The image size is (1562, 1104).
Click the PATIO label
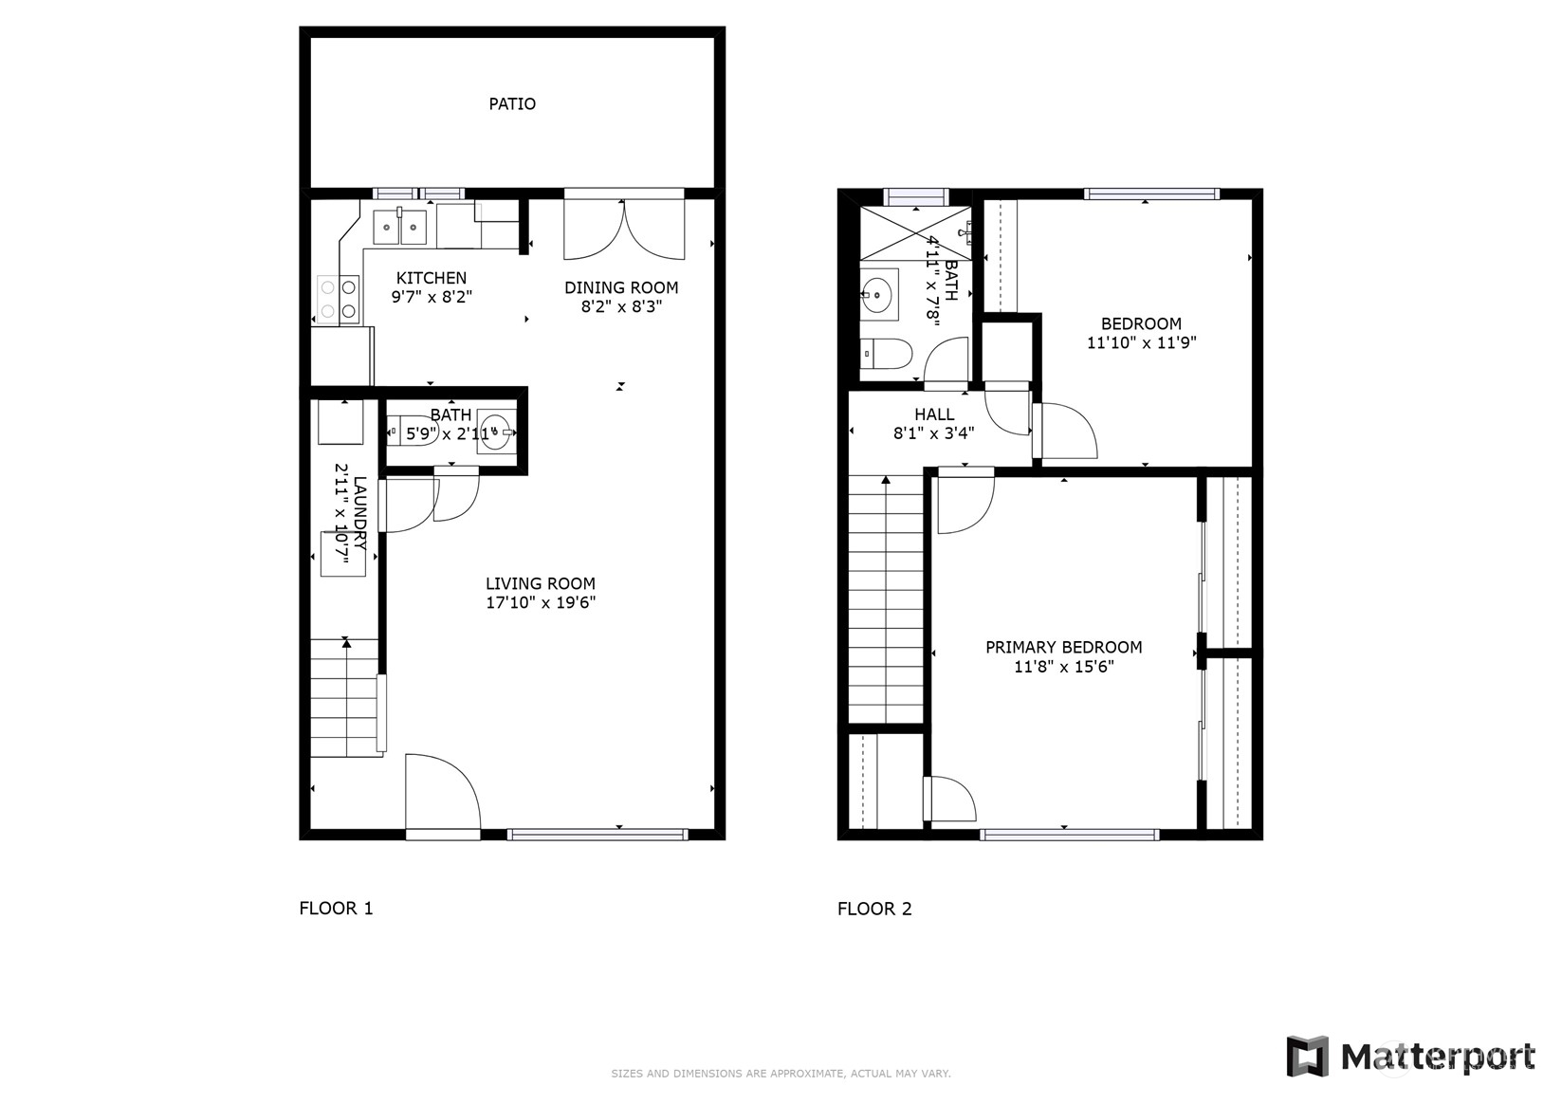point(512,103)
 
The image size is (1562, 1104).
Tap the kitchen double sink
point(399,228)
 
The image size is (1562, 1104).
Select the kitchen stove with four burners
point(339,298)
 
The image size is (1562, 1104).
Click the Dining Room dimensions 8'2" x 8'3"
point(621,306)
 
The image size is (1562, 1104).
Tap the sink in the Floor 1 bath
point(495,432)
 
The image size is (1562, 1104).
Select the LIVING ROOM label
point(541,583)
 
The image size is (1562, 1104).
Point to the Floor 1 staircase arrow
point(346,645)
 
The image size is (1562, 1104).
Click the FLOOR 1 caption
point(336,908)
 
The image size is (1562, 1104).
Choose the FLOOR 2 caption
point(874,908)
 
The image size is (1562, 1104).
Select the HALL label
point(934,414)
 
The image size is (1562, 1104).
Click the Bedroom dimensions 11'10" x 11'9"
point(1141,342)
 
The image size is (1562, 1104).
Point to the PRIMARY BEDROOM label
point(1063,647)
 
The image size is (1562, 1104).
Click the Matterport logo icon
point(1307,1056)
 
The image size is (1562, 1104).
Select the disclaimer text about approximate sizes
point(781,1074)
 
